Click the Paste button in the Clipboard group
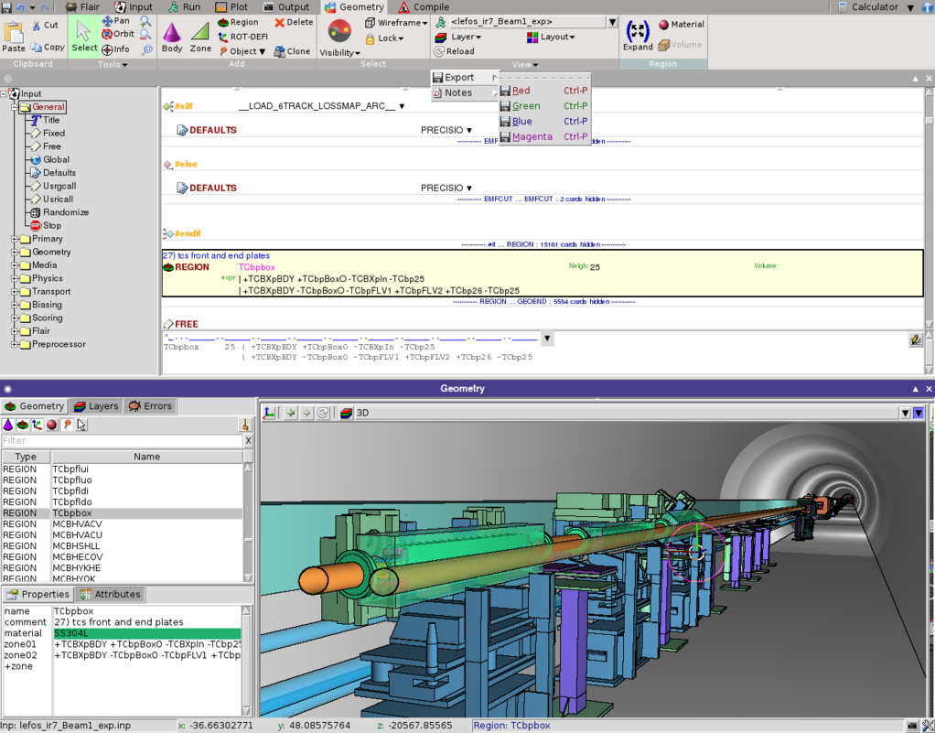[14, 37]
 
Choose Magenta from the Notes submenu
[532, 137]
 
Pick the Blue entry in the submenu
[521, 122]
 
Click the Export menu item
[459, 78]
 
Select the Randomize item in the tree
[65, 212]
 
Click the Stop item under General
[51, 226]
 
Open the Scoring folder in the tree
[48, 318]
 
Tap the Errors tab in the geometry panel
[151, 406]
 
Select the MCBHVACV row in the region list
[77, 524]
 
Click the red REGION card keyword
[191, 267]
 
